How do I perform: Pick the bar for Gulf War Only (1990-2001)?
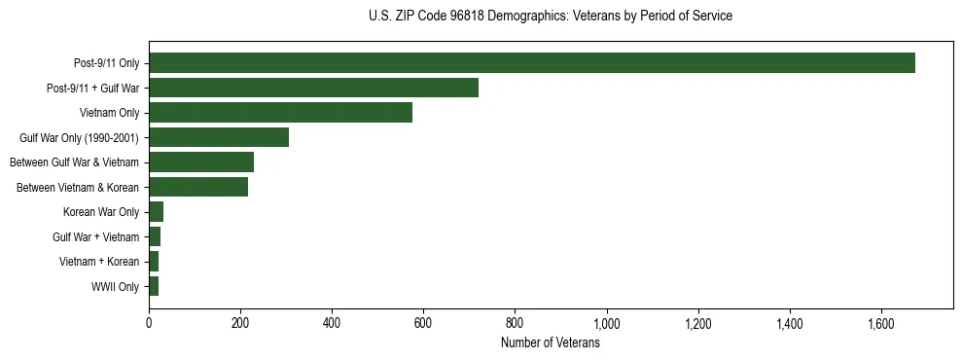[x=219, y=137]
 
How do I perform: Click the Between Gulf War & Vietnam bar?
[x=201, y=162]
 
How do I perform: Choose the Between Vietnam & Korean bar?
[x=198, y=187]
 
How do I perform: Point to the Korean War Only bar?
[x=156, y=212]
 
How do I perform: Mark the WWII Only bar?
[x=154, y=286]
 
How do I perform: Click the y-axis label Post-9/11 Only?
[x=106, y=64]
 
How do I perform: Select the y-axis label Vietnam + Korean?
[x=98, y=262]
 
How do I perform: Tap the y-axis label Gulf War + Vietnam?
[x=95, y=237]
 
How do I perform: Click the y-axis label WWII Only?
[x=115, y=287]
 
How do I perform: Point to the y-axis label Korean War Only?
[x=101, y=212]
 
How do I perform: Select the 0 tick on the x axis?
[x=149, y=323]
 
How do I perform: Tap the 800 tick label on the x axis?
[x=515, y=323]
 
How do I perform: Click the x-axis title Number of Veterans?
[x=550, y=343]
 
